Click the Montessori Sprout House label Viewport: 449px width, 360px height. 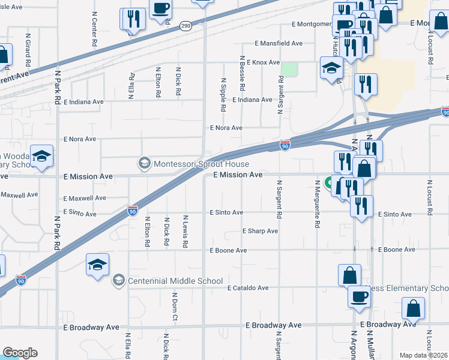tap(201, 164)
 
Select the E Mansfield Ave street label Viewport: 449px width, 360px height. tap(279, 44)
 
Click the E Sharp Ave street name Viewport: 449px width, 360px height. tap(260, 231)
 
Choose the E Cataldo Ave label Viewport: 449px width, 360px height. tap(247, 288)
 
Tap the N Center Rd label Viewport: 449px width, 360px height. tap(95, 29)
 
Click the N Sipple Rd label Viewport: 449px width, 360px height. tap(223, 95)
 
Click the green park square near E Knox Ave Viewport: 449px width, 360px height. tap(290, 70)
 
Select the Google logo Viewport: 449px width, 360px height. tap(20, 353)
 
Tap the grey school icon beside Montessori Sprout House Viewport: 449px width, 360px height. tap(144, 163)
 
